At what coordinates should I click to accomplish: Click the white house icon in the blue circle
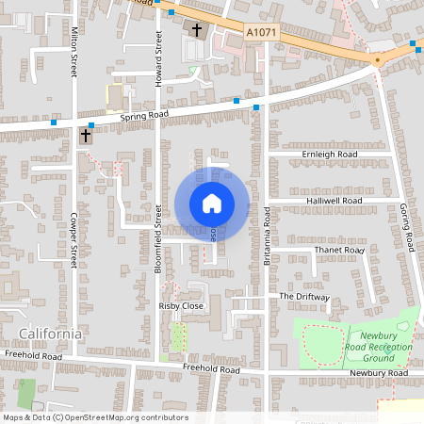(x=212, y=204)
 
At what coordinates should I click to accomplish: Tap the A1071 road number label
(x=260, y=32)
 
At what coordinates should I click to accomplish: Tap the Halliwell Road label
(x=334, y=202)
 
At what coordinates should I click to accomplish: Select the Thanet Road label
(x=338, y=250)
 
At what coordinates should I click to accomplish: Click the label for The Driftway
(x=304, y=297)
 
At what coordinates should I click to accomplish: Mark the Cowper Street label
(x=73, y=243)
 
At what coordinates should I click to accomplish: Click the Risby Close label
(x=180, y=306)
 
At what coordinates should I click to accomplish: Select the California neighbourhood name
(x=51, y=334)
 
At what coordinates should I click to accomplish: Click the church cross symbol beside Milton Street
(x=86, y=137)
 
